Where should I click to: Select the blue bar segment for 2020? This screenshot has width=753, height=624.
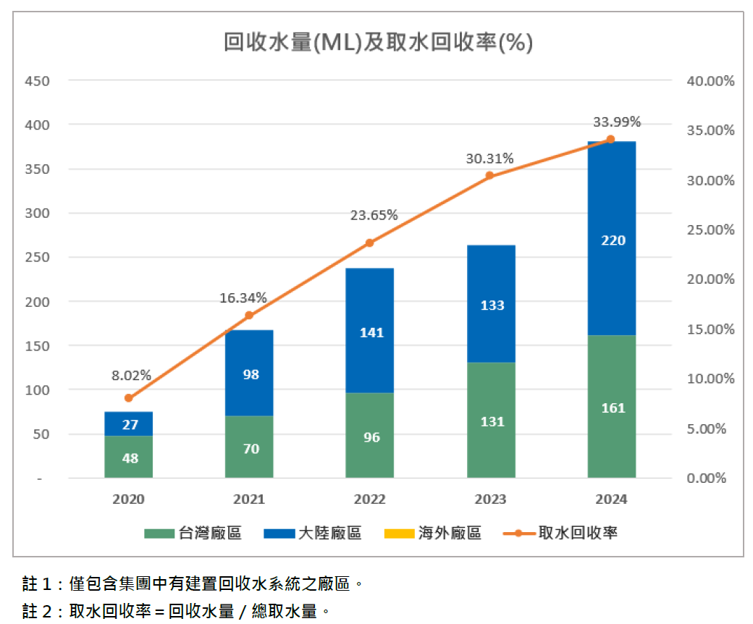click(129, 423)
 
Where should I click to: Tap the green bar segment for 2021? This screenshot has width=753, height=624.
click(249, 447)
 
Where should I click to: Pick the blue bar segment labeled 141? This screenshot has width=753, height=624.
click(370, 331)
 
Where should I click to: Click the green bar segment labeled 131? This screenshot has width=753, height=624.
click(491, 420)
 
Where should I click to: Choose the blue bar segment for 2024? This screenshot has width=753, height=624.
click(612, 238)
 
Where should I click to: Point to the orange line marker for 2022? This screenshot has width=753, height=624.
click(370, 243)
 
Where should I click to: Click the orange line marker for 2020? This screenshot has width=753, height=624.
click(129, 398)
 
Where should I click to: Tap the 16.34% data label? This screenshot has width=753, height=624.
click(243, 298)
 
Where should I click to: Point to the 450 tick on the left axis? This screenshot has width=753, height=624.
click(38, 80)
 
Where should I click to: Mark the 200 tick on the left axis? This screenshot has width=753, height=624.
click(38, 302)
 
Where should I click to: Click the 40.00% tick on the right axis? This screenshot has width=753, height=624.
click(710, 80)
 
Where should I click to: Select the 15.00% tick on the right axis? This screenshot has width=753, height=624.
click(710, 329)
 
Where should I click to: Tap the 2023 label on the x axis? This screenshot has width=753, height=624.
click(491, 499)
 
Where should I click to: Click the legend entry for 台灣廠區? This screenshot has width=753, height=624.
click(193, 534)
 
